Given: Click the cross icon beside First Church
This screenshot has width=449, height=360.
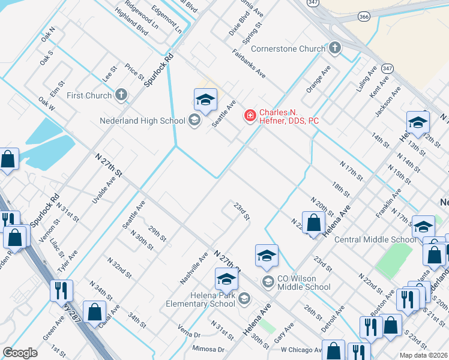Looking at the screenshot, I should [121, 95].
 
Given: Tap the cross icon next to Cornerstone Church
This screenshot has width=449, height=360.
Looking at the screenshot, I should [335, 48].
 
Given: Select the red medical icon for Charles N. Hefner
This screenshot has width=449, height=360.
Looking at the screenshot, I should [249, 115].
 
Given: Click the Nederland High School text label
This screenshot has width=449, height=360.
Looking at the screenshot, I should [142, 121].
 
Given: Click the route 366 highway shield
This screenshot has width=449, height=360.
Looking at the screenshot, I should [364, 18].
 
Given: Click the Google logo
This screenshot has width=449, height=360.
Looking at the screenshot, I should [20, 353].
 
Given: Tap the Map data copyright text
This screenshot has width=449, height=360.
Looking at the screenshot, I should [424, 355].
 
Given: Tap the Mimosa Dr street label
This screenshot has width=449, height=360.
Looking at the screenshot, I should [208, 349].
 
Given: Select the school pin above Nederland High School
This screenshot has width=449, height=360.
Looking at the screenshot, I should [205, 100].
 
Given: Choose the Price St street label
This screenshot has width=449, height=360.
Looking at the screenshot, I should [134, 72].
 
